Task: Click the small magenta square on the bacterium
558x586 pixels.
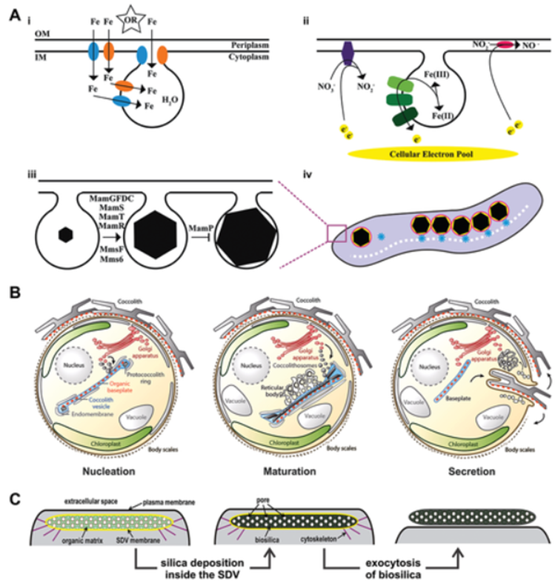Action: [335, 233]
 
